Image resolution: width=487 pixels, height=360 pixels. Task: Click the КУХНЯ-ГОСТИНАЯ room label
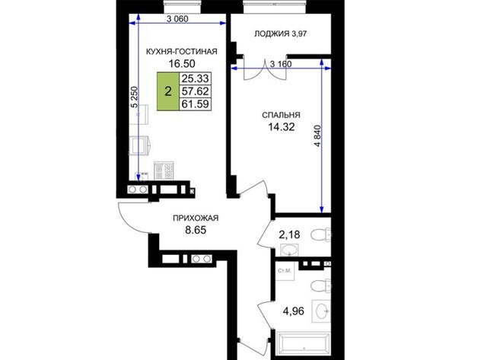(182, 52)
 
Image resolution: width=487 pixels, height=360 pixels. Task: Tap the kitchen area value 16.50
(182, 64)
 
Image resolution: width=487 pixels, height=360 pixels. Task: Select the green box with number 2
(168, 91)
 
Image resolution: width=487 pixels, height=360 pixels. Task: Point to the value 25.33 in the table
(195, 78)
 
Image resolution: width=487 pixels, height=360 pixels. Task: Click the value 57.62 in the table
(195, 91)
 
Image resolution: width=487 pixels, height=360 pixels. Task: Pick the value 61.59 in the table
(195, 104)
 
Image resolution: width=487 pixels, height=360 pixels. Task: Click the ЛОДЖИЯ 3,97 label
(281, 33)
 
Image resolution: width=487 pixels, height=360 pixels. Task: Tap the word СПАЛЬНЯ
(281, 115)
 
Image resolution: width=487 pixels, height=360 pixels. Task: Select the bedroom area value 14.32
(282, 127)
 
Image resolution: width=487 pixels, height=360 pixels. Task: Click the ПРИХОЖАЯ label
(196, 218)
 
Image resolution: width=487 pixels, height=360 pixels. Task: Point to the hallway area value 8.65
(196, 230)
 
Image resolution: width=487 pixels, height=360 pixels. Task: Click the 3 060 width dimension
(177, 19)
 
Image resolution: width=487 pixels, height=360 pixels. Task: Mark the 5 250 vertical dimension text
(134, 97)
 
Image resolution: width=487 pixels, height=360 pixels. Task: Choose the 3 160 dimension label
(281, 64)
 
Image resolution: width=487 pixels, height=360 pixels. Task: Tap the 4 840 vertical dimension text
(318, 135)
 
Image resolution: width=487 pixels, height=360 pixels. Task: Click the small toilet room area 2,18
(289, 235)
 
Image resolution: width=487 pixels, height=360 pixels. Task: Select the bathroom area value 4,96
(294, 311)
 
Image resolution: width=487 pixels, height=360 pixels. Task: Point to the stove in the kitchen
(164, 170)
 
